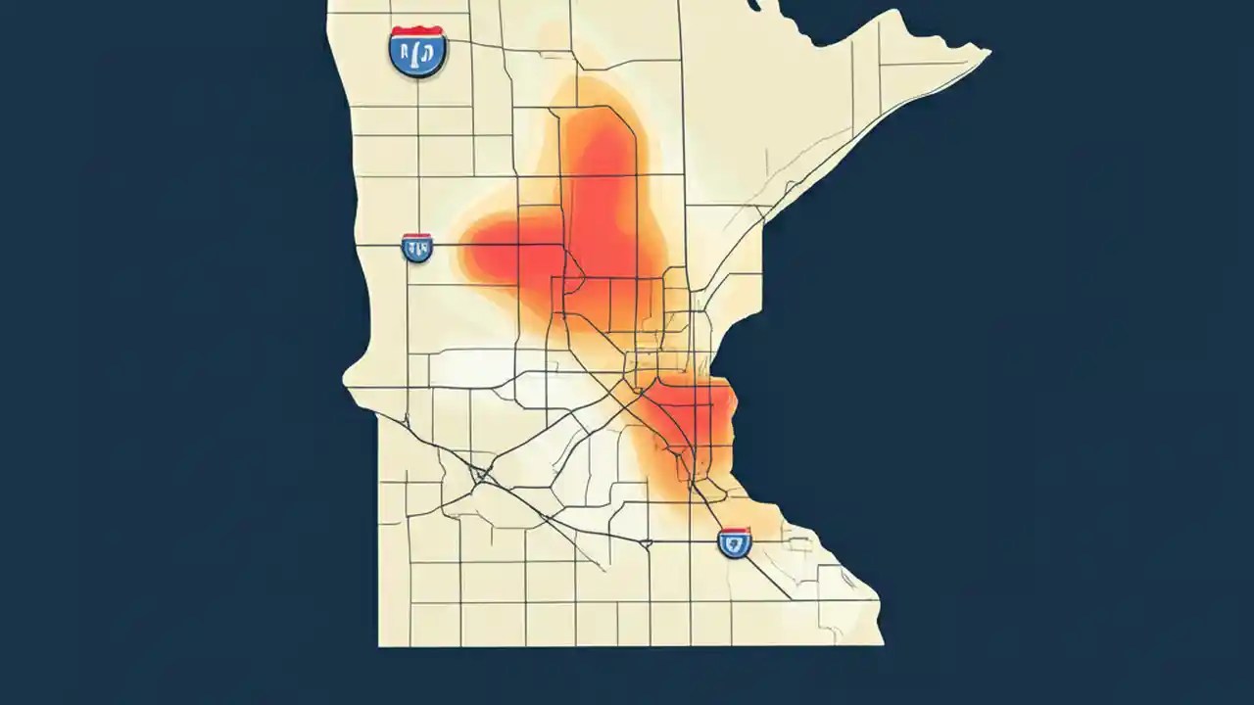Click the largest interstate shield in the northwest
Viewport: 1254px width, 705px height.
click(418, 52)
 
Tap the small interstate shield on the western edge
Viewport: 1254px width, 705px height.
click(417, 247)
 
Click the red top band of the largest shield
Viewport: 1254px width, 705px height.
click(418, 32)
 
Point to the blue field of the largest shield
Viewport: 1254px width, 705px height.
click(418, 57)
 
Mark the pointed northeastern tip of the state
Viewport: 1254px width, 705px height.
click(988, 50)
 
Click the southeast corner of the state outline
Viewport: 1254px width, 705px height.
click(881, 642)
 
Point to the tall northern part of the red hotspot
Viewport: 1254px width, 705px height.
click(598, 166)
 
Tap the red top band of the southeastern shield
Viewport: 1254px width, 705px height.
click(735, 531)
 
